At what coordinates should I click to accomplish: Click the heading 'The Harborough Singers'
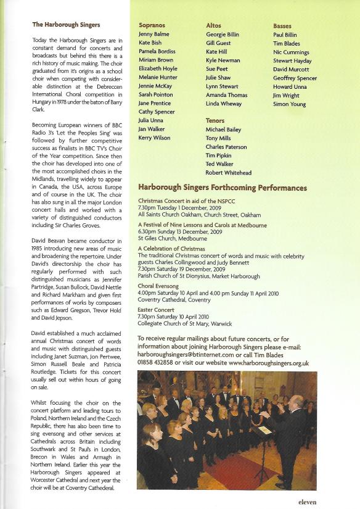coord(66,25)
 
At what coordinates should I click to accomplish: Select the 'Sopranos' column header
coord(152,25)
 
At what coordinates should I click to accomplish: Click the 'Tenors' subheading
coord(215,121)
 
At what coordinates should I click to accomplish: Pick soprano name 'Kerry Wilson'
coord(154,138)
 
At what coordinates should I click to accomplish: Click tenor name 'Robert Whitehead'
coord(229,173)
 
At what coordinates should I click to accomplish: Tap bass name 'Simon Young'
coord(289,104)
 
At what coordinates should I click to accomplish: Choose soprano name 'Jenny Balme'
coord(153,35)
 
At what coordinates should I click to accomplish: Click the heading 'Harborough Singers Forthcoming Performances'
coord(223,188)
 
